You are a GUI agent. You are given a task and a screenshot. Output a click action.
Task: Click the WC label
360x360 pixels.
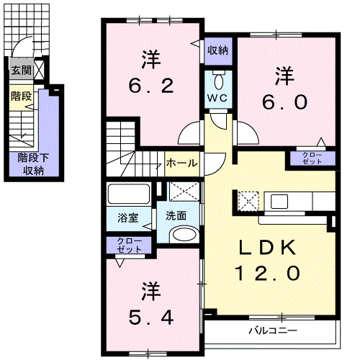(x=217, y=98)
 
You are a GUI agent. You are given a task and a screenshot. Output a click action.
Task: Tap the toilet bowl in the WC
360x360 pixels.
(x=218, y=81)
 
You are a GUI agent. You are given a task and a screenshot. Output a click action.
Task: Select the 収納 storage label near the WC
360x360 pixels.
(x=218, y=50)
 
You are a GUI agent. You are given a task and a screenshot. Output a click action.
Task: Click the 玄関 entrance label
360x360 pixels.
(x=22, y=71)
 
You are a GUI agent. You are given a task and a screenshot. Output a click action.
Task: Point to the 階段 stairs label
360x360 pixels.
(x=21, y=96)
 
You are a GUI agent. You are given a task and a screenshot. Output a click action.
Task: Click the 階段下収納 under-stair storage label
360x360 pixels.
(x=33, y=164)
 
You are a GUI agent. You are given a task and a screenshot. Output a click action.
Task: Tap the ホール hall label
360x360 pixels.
(x=181, y=163)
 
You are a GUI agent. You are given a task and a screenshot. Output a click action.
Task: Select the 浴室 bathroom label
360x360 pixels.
(x=128, y=217)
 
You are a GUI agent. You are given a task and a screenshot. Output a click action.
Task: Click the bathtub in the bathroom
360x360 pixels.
(x=129, y=194)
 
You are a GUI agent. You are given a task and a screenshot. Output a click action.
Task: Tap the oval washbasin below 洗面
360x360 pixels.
(x=184, y=234)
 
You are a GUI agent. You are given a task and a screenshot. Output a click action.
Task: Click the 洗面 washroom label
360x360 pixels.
(x=176, y=216)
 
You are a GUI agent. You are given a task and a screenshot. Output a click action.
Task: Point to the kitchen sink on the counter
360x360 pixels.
(x=279, y=202)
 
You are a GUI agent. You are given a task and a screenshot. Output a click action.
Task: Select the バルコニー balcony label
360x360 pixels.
(x=273, y=331)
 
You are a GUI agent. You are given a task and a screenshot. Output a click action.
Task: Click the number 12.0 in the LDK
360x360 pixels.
(x=267, y=273)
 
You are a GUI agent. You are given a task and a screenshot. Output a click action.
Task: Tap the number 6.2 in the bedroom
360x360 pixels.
(x=151, y=86)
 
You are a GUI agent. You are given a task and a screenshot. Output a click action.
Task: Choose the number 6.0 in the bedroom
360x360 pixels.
(x=284, y=102)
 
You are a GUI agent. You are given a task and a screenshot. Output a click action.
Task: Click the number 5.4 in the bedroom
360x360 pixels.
(x=151, y=318)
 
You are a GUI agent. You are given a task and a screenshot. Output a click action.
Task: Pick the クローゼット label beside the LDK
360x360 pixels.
(x=312, y=158)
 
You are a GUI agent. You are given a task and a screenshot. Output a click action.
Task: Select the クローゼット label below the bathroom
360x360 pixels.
(x=130, y=246)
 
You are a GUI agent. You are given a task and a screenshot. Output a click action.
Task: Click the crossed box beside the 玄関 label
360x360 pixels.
(x=39, y=70)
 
